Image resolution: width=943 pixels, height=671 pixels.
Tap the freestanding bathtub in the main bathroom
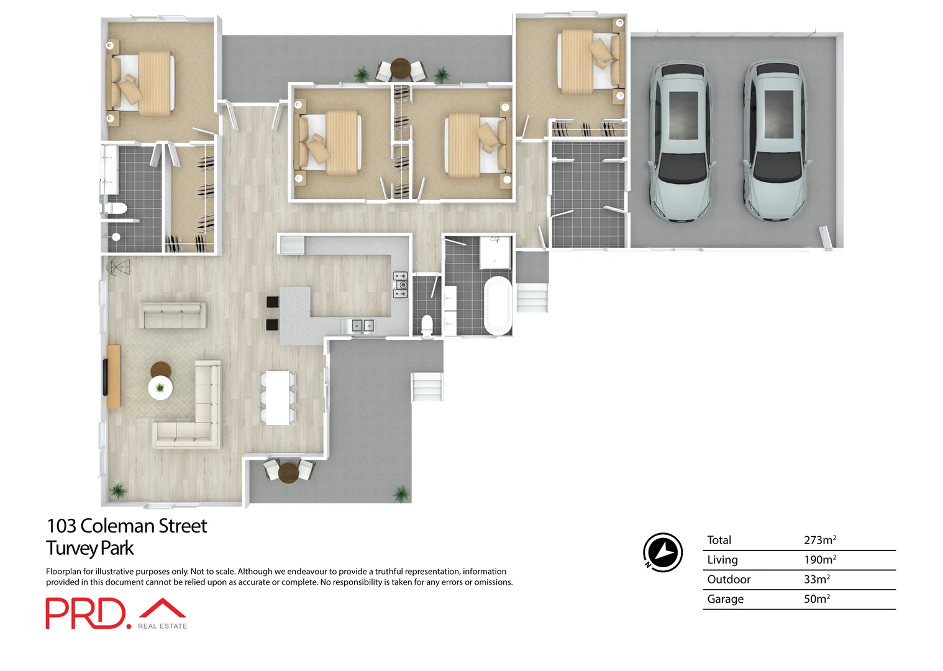click(498, 306)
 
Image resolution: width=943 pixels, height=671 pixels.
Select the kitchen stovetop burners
click(400, 285)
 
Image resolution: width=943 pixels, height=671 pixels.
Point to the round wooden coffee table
click(160, 370)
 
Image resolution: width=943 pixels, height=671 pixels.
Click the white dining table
click(278, 397)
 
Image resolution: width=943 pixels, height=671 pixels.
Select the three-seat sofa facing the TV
click(173, 315)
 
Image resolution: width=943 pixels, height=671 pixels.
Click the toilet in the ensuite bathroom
click(117, 208)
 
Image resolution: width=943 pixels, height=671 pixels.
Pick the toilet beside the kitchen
click(427, 324)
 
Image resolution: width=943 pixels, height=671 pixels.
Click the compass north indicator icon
click(662, 552)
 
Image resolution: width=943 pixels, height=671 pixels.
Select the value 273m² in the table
click(819, 540)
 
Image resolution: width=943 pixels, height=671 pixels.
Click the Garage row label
click(725, 599)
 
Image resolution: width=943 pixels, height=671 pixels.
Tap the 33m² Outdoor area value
click(816, 579)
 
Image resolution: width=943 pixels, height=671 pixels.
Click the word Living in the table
click(722, 560)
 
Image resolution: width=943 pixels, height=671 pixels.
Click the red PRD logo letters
click(85, 613)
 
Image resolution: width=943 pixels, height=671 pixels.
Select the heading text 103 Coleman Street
click(127, 526)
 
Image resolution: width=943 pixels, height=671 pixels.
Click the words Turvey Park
click(90, 549)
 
